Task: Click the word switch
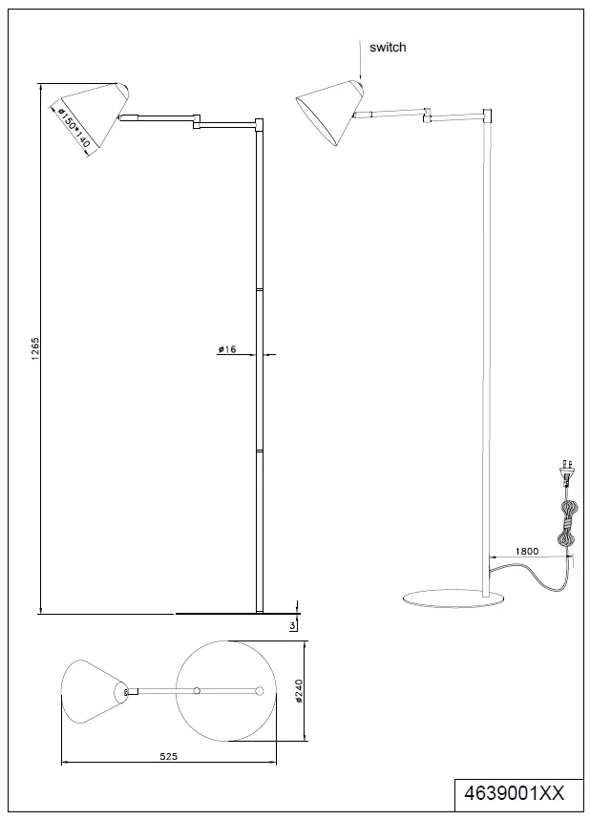pos(387,47)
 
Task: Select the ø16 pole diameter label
pos(226,350)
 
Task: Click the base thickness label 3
pos(289,625)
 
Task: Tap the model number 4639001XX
pos(513,791)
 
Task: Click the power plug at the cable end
pos(566,471)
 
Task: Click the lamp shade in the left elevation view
pos(91,118)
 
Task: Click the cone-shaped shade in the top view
pos(94,690)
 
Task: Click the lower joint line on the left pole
pos(260,450)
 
